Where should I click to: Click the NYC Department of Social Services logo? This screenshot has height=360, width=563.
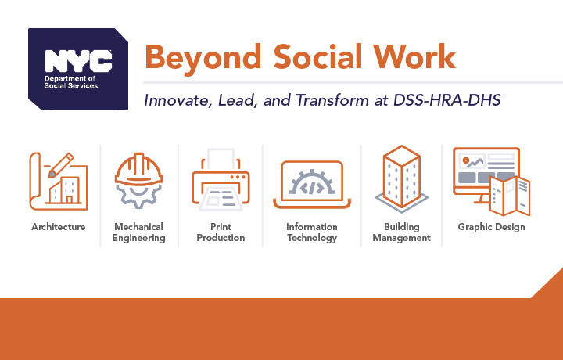[78, 69]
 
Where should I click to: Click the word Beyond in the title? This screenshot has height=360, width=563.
[203, 57]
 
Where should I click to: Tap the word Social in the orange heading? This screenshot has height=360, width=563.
[317, 56]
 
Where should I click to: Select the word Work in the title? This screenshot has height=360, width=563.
[414, 56]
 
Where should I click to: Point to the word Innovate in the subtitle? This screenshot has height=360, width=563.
[176, 100]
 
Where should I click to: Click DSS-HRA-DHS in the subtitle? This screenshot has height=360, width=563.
[447, 100]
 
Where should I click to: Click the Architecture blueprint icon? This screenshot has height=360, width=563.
[59, 181]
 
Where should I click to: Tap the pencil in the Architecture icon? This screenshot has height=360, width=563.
[61, 165]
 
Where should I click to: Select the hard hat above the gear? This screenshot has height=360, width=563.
[139, 169]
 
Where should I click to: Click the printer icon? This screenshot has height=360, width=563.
[221, 179]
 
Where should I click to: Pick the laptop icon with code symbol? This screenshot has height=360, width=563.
[312, 185]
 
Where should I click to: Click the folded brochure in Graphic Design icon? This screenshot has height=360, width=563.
[510, 196]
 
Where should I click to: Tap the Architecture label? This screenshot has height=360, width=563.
[59, 227]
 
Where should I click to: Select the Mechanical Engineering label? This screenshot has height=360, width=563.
[139, 232]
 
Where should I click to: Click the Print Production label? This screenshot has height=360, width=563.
[221, 232]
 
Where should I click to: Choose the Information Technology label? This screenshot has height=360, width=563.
[312, 232]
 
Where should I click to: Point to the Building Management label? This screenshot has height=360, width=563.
[401, 232]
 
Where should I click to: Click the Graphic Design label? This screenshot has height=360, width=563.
[491, 227]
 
